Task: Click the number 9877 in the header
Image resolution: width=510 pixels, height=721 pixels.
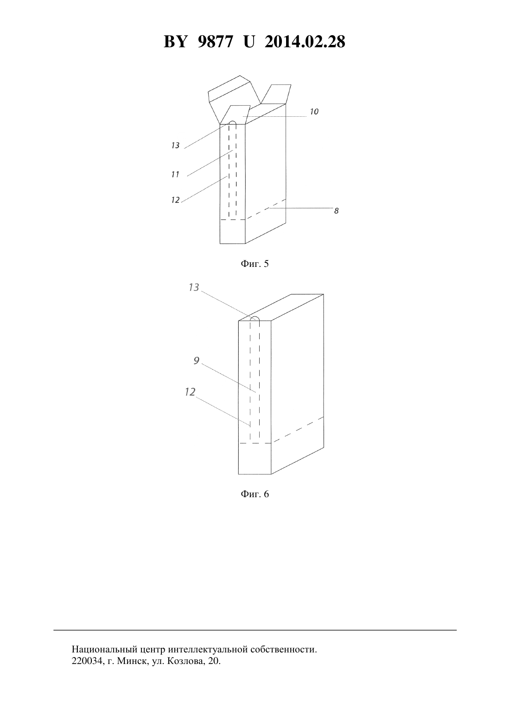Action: click(x=215, y=42)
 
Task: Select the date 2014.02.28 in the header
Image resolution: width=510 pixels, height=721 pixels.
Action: click(x=305, y=42)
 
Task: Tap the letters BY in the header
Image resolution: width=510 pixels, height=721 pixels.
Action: click(x=175, y=42)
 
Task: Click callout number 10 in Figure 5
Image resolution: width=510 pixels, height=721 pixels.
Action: click(x=314, y=112)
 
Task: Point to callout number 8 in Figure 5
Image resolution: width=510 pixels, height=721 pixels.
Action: click(x=336, y=211)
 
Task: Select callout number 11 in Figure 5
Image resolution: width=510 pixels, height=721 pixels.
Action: click(x=175, y=174)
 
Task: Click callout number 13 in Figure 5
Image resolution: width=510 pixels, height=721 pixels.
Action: click(x=175, y=145)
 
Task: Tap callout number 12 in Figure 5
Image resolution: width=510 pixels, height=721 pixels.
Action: click(x=175, y=200)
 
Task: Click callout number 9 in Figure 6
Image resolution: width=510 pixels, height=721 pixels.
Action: click(x=197, y=361)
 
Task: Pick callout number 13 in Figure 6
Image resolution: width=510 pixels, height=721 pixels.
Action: click(x=194, y=287)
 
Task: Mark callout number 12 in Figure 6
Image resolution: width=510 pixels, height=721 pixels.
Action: click(x=190, y=392)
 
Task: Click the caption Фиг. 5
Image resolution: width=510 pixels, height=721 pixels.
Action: click(x=255, y=264)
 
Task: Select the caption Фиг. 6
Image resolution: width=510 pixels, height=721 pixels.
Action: click(x=255, y=494)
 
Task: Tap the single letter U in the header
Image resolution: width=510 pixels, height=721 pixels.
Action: click(x=249, y=42)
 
